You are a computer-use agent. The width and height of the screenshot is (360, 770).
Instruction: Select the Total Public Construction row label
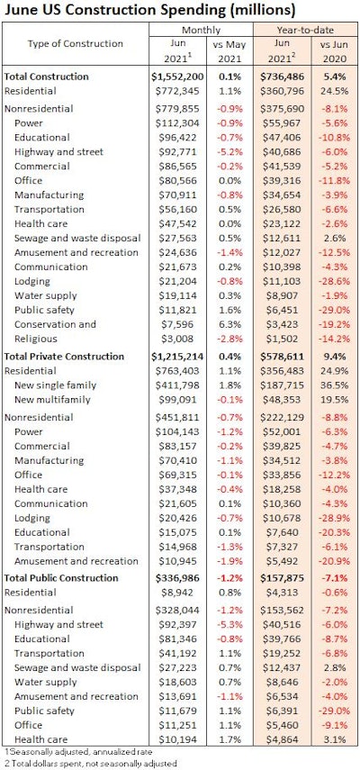68,577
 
